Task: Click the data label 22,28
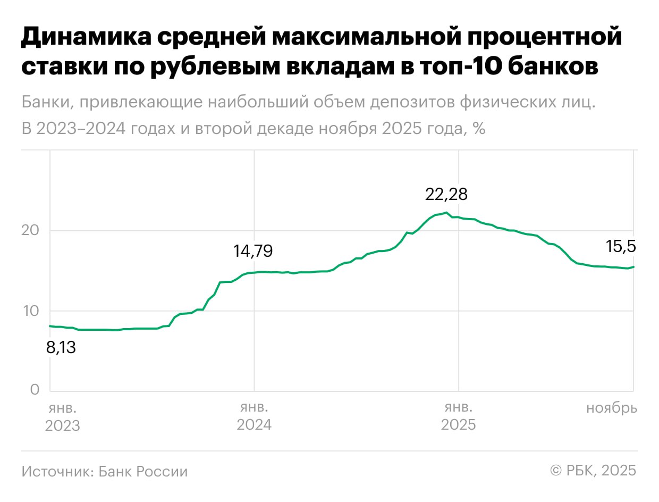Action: [446, 195]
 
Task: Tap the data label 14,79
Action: [253, 251]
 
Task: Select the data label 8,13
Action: [62, 348]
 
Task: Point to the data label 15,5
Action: [621, 246]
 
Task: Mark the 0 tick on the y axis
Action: [35, 390]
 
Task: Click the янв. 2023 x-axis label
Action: [63, 417]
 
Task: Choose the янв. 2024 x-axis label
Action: [254, 417]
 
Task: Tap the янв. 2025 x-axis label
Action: [458, 417]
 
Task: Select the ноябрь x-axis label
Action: [611, 408]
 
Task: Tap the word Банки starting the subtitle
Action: [47, 103]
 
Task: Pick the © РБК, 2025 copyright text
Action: [593, 471]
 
